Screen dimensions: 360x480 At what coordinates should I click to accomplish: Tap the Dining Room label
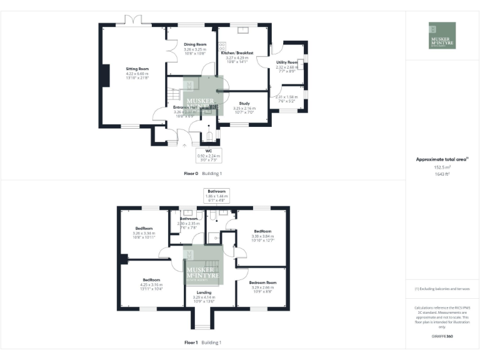click(x=195, y=44)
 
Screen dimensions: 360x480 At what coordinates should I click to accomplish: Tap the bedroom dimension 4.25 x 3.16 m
click(x=152, y=284)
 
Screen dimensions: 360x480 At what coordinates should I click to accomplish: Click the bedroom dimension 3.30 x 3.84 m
click(x=262, y=235)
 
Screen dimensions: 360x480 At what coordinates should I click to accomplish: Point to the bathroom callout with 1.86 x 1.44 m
click(x=217, y=194)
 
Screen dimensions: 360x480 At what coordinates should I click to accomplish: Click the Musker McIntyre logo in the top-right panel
click(x=442, y=36)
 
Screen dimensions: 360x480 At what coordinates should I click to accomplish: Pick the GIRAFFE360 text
click(x=442, y=336)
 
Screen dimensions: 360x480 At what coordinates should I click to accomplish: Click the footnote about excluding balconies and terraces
click(x=442, y=289)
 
